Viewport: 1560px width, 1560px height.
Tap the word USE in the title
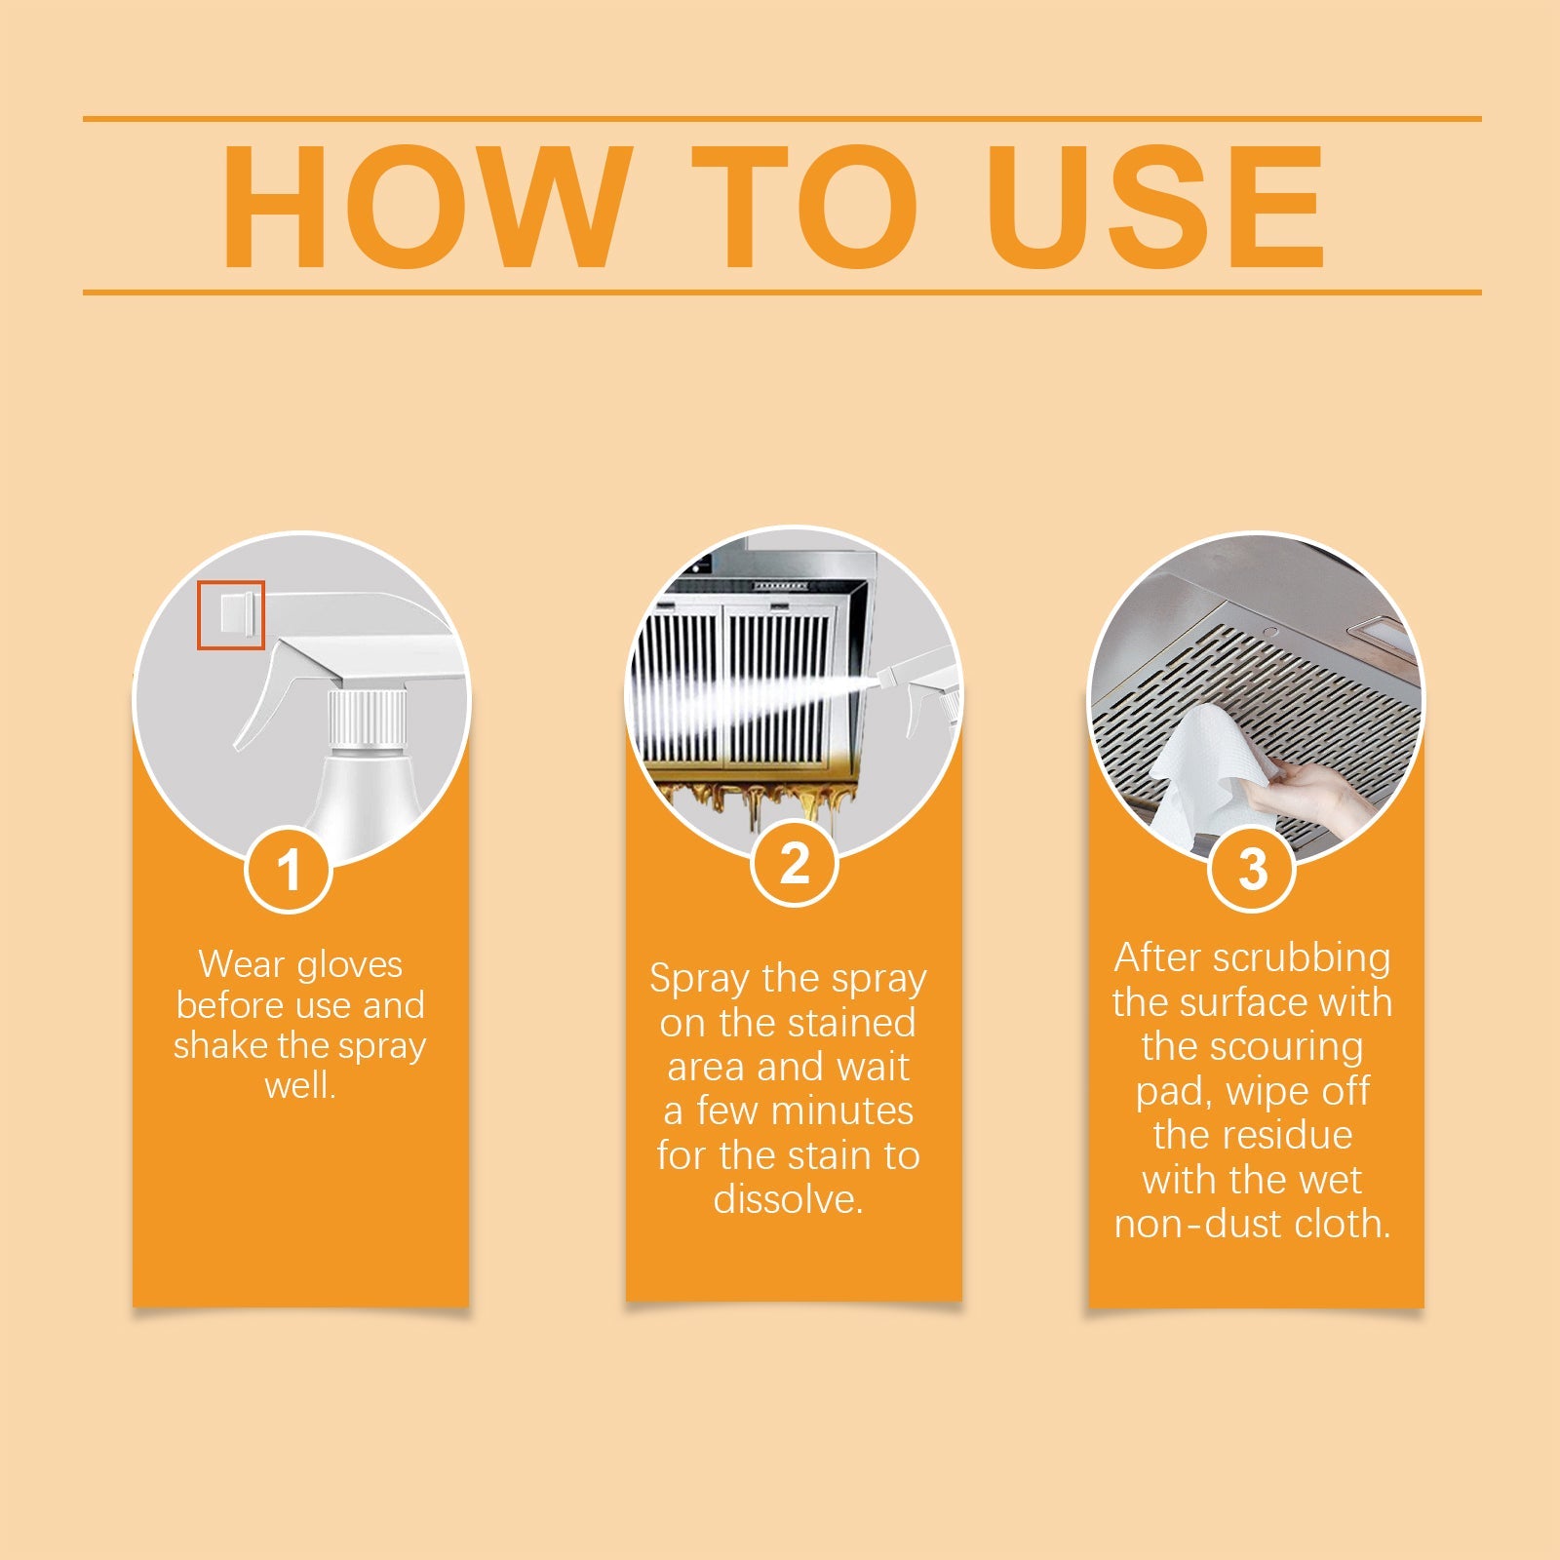pyautogui.click(x=1155, y=207)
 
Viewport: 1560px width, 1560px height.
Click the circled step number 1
pyautogui.click(x=289, y=870)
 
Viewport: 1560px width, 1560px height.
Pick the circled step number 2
pyautogui.click(x=795, y=864)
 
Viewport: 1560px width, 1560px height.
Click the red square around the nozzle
pyautogui.click(x=232, y=614)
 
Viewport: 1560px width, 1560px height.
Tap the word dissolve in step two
pyautogui.click(x=787, y=1199)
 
